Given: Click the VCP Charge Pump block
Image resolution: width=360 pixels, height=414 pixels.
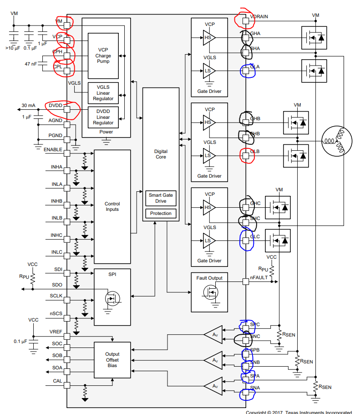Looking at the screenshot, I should (103, 56).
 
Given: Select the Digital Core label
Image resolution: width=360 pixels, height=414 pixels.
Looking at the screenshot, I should (161, 154).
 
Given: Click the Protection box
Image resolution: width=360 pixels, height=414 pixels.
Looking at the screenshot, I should (161, 213).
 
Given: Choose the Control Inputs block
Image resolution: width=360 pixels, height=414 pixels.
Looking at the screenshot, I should (112, 206).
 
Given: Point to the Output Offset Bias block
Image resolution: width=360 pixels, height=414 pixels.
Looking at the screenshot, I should (112, 359).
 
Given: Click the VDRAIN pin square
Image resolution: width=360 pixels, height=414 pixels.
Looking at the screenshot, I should (246, 20).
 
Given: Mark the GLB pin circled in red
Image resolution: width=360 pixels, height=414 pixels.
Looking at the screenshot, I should (246, 156).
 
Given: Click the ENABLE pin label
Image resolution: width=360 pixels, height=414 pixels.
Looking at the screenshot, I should (53, 149).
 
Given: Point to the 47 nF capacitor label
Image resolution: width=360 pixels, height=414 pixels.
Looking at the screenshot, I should (31, 64).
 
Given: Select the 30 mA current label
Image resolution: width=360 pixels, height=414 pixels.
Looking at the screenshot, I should (28, 105).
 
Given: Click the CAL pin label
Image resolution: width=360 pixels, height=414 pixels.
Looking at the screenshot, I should (58, 380).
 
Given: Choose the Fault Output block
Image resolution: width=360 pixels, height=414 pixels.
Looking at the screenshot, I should (209, 278).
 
